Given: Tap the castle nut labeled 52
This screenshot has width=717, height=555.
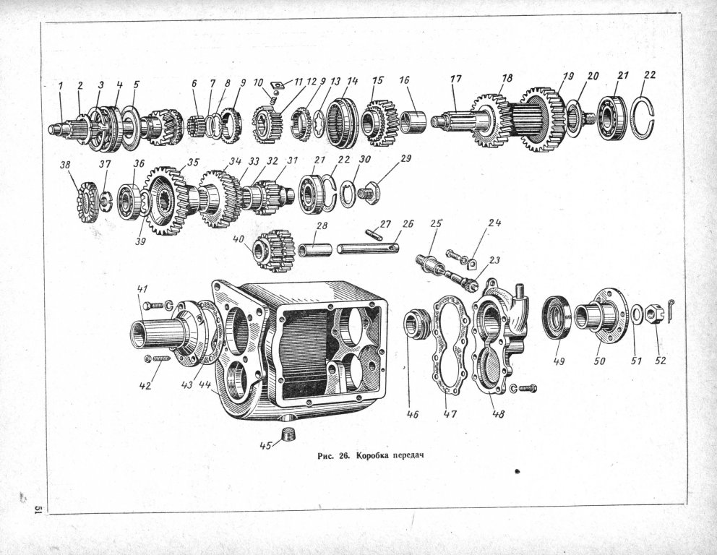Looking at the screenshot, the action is [x=652, y=315].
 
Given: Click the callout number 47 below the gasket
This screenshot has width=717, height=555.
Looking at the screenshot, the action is [x=450, y=414].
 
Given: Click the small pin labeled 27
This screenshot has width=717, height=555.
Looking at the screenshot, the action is [x=373, y=236].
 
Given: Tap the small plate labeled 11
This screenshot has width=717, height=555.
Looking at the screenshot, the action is [x=276, y=85].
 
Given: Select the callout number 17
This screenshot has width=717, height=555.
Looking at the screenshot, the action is [x=456, y=79].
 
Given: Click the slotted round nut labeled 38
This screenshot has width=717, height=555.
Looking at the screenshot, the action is [x=87, y=202].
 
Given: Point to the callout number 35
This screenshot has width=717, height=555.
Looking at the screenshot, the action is [x=194, y=163].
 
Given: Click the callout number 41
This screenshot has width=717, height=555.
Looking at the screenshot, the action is [x=142, y=289].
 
